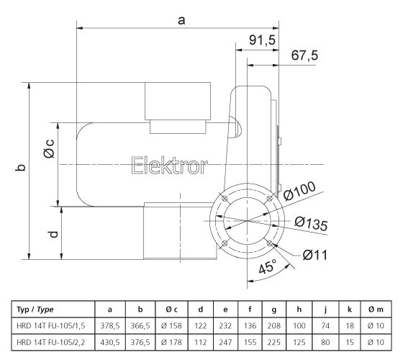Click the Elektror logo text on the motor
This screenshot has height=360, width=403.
coord(170,167)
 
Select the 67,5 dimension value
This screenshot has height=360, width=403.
coord(304,56)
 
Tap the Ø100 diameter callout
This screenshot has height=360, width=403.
coord(300,192)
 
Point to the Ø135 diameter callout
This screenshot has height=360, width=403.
coord(312,224)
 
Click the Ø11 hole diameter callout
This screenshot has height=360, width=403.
coord(317,253)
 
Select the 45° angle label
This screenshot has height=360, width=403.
coord(267,268)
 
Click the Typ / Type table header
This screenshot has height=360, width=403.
coord(37,309)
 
